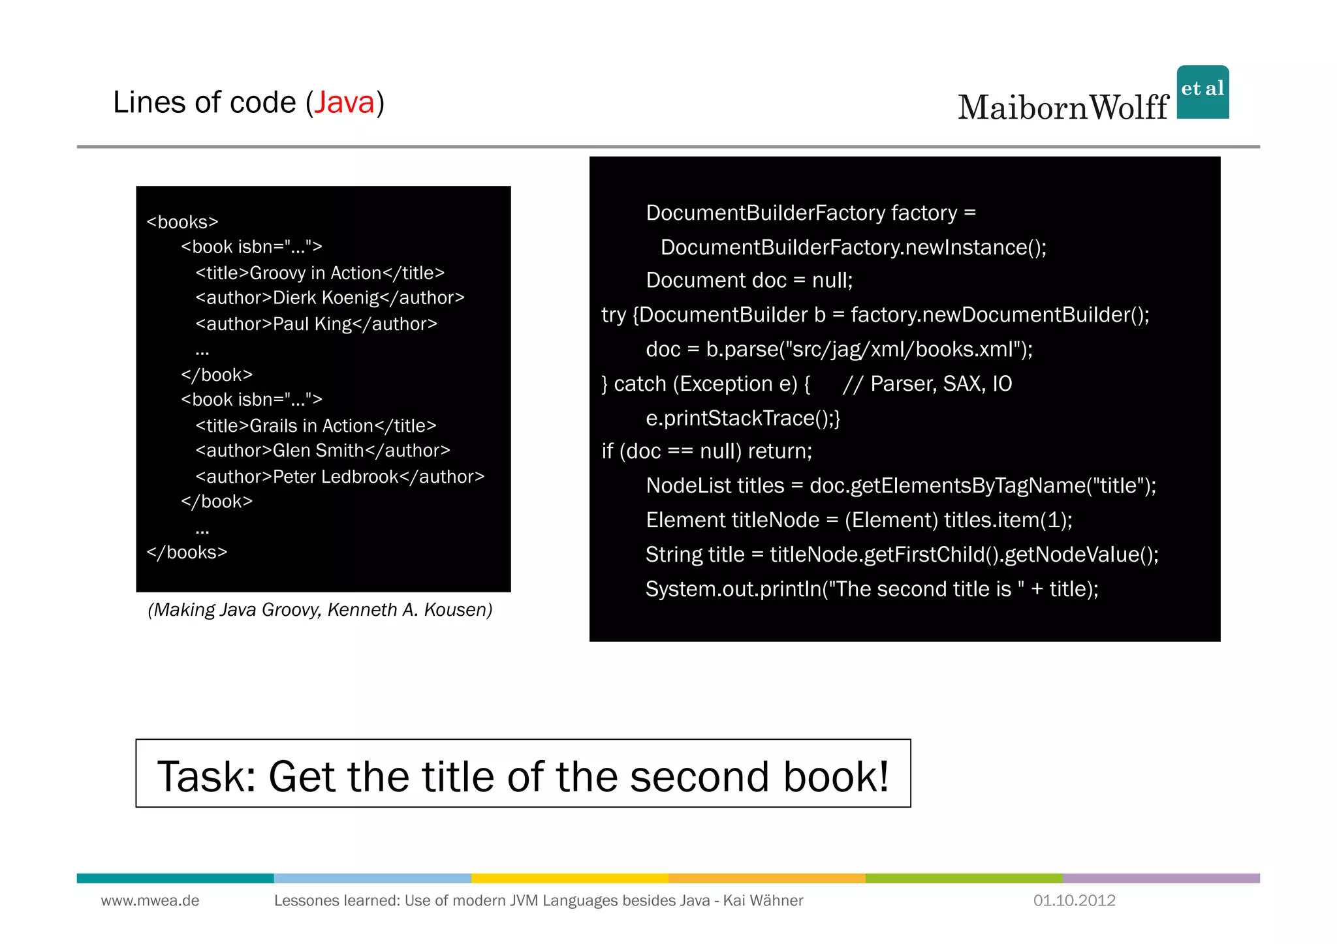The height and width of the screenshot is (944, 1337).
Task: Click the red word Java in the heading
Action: [345, 102]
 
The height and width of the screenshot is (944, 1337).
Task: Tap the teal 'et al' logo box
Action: [1203, 92]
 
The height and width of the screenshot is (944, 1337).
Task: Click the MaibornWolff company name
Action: [1063, 108]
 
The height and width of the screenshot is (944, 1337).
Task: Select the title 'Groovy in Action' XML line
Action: [320, 273]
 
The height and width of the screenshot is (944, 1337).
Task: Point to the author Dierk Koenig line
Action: [330, 298]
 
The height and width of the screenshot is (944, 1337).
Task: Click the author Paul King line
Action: [316, 324]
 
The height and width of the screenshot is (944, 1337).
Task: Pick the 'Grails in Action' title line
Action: [316, 425]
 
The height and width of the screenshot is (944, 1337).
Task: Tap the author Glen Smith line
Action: [322, 451]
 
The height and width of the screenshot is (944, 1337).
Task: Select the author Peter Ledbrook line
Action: [339, 477]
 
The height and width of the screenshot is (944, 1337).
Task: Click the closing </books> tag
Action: [187, 553]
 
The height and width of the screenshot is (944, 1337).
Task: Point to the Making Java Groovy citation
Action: [320, 609]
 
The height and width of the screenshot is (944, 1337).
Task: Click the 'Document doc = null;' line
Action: [749, 281]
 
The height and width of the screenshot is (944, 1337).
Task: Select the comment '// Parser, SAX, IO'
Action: [927, 384]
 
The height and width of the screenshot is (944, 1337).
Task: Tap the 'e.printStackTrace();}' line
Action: [742, 418]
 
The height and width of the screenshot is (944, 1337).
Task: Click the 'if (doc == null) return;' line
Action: [707, 451]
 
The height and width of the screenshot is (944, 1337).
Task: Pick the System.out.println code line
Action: [872, 589]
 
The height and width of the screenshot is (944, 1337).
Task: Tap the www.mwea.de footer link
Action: [150, 900]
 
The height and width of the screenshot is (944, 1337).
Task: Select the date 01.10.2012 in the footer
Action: [1074, 900]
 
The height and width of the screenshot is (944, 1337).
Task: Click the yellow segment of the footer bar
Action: [569, 878]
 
